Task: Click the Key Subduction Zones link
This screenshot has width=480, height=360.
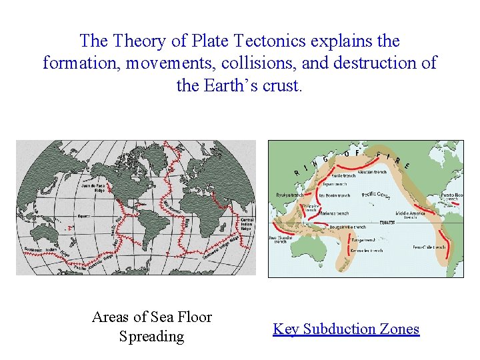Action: pos(346,329)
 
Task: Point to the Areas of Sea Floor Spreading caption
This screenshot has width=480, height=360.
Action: pos(151,327)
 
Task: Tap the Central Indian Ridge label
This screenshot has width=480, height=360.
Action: pos(247,224)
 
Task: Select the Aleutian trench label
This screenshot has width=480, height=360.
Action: pos(372,172)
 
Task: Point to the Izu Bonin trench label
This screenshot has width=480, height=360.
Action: pos(334,196)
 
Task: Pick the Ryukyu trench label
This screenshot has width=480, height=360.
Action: pos(289,195)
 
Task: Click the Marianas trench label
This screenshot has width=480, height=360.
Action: pos(333,214)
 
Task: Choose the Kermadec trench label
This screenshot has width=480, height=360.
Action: pos(366,251)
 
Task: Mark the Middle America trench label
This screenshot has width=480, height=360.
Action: pos(410,215)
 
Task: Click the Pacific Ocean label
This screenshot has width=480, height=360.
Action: pos(376,195)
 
